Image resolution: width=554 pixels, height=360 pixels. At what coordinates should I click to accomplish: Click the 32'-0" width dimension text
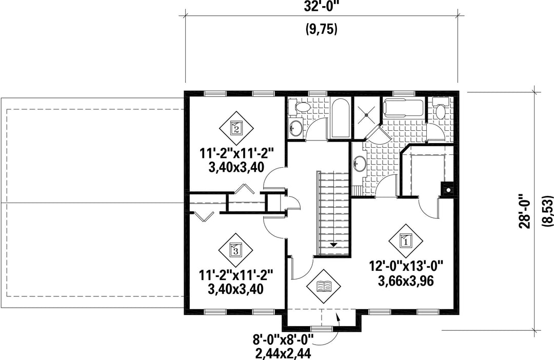click(x=321, y=7)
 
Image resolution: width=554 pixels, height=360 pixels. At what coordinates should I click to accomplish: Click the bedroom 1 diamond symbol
click(x=406, y=242)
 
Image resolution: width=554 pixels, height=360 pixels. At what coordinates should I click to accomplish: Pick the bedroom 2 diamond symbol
click(x=236, y=128)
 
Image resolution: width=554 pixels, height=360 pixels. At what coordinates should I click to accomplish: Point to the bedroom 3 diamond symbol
click(x=236, y=250)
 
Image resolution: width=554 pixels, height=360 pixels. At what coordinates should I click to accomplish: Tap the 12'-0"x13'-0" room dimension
click(x=406, y=266)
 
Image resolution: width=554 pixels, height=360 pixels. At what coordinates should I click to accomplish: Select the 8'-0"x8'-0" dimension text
click(x=283, y=340)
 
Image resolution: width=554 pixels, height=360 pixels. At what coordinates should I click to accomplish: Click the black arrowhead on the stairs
click(x=334, y=244)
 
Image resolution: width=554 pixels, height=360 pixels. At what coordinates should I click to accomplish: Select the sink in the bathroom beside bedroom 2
click(x=296, y=128)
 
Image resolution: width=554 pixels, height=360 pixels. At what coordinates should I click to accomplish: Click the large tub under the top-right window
click(x=403, y=107)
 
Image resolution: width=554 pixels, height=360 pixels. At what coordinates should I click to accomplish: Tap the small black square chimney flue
click(x=448, y=190)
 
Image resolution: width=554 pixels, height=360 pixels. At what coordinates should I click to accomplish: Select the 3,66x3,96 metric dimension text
click(x=406, y=281)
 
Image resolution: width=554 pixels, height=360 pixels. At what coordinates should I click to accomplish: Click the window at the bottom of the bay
click(x=321, y=329)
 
